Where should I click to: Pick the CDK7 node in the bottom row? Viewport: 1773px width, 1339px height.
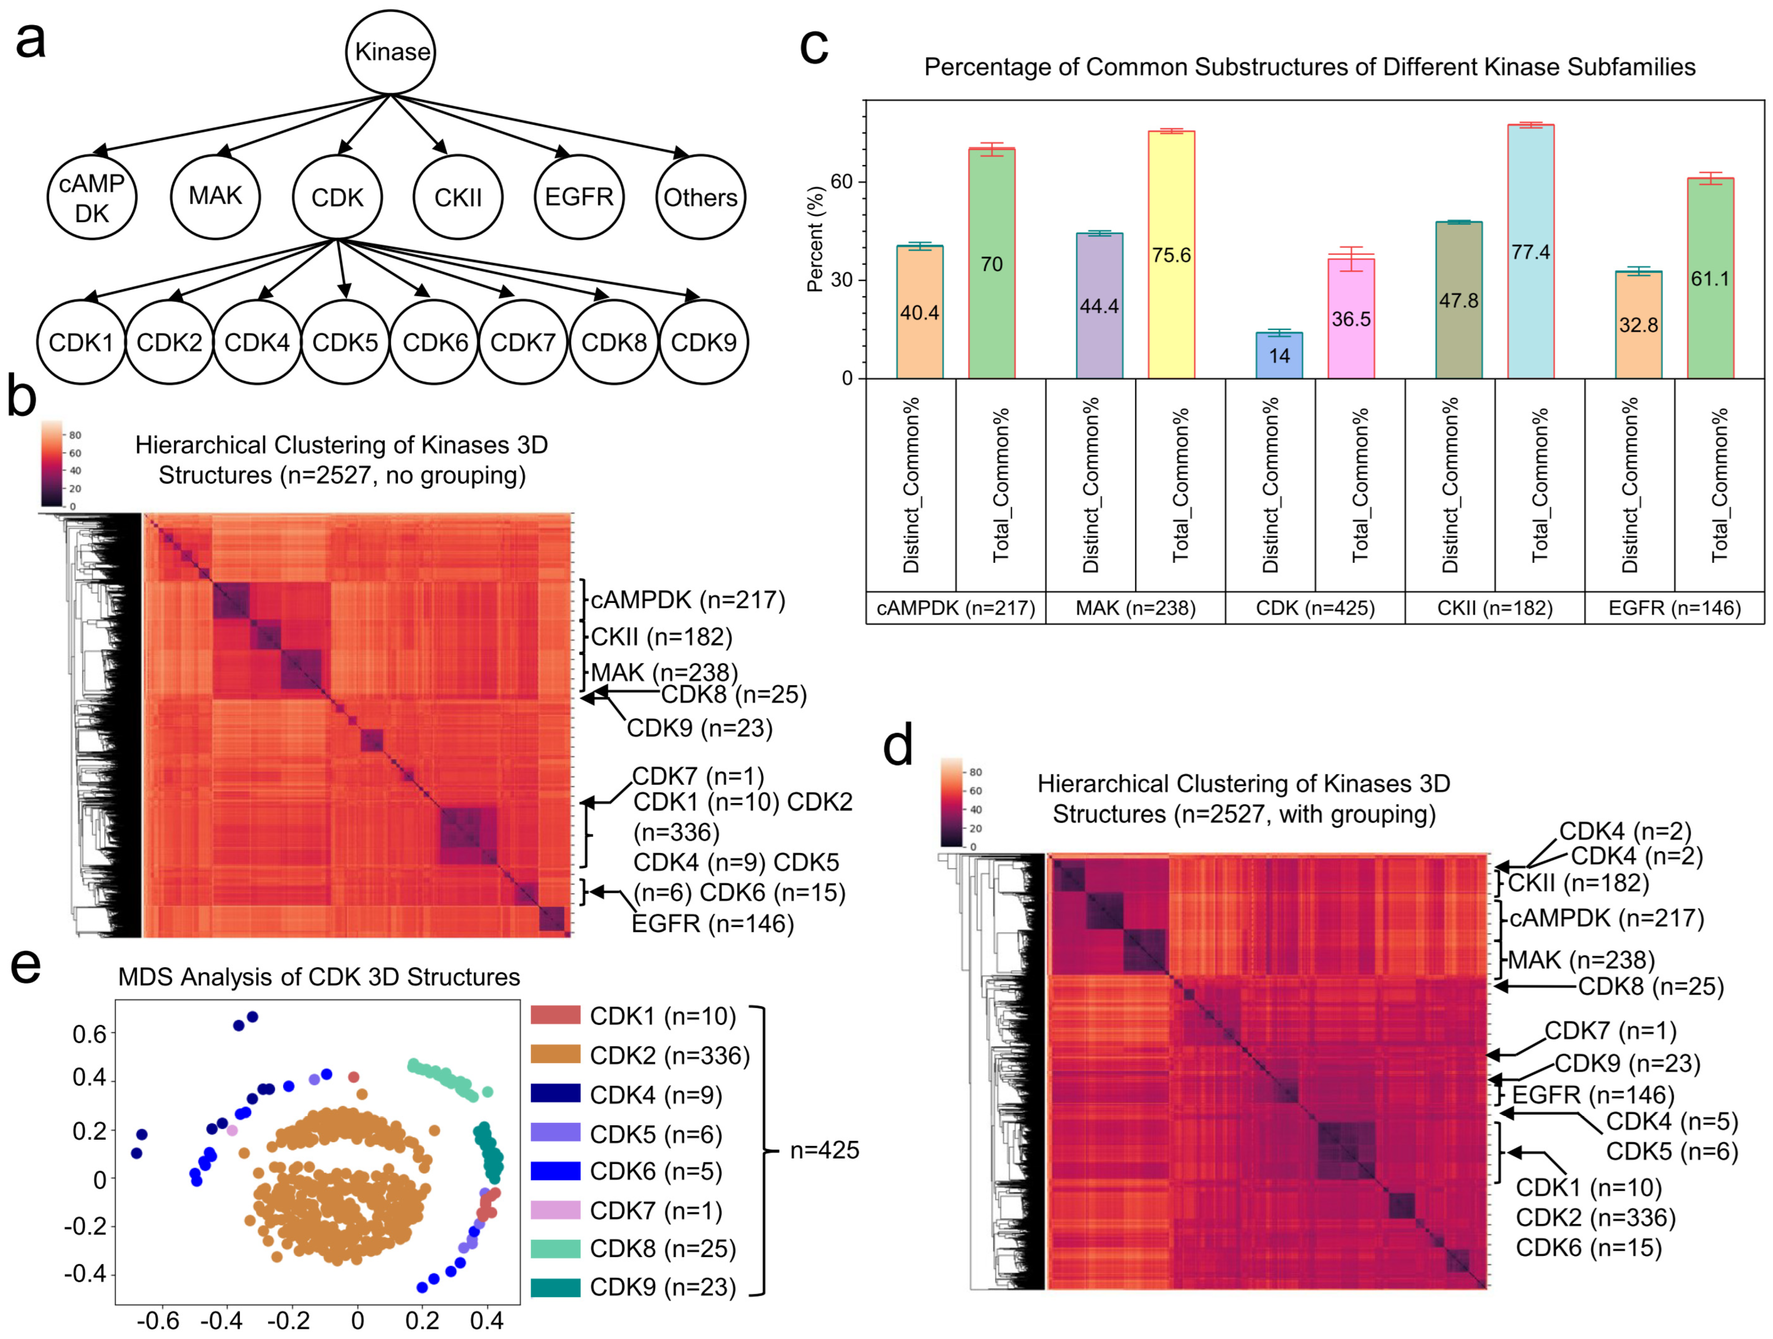[523, 342]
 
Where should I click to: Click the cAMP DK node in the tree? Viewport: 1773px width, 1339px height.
[91, 197]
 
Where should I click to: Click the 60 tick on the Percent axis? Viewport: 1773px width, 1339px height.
[841, 182]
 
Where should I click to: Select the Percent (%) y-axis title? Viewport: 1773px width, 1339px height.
[815, 239]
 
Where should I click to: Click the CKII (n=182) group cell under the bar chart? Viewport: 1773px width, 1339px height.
[1494, 608]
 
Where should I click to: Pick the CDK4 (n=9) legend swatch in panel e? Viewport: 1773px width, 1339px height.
[555, 1094]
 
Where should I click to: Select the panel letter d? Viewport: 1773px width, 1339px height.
[898, 745]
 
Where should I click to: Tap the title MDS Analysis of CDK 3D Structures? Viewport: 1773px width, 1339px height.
[318, 977]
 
